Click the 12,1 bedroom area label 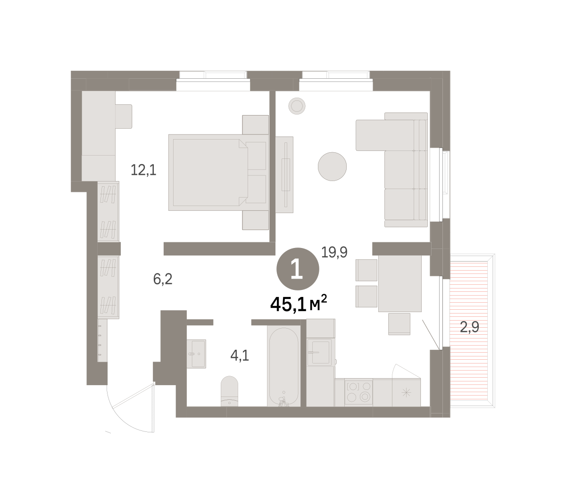click(143, 170)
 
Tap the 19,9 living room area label click(334, 252)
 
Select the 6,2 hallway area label click(163, 279)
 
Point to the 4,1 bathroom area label click(240, 355)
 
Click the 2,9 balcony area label click(469, 327)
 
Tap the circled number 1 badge click(298, 269)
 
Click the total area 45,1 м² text click(299, 304)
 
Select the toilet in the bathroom click(229, 391)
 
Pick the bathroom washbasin click(196, 354)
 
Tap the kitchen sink click(319, 352)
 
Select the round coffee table click(332, 166)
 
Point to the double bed click(218, 172)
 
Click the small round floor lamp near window click(297, 106)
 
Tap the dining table click(400, 283)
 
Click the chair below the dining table click(399, 324)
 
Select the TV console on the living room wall click(284, 175)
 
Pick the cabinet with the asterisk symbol click(406, 393)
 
